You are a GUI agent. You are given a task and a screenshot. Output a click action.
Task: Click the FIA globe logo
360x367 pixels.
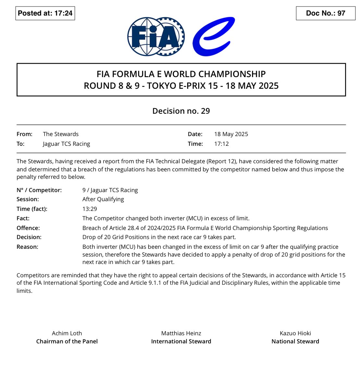(156, 37)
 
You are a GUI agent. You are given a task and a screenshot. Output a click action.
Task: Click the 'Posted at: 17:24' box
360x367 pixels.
(45, 13)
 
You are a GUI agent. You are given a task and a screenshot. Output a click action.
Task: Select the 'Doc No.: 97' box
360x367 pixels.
(326, 13)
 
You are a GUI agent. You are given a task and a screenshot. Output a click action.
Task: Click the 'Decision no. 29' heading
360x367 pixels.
(181, 111)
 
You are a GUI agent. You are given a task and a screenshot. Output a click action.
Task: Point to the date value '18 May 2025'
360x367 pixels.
(231, 134)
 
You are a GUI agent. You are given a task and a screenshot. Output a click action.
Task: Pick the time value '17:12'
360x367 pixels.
(222, 144)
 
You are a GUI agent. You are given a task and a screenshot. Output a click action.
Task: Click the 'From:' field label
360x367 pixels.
(24, 134)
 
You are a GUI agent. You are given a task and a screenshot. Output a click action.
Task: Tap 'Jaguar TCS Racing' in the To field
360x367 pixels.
(66, 144)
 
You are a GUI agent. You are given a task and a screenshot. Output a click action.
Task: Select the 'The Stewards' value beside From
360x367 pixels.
(61, 134)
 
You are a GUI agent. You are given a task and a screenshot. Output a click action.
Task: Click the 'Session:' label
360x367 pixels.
(28, 199)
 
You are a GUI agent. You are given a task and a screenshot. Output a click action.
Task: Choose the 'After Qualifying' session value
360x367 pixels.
(103, 199)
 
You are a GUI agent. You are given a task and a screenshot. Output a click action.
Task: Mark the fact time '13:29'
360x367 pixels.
(90, 209)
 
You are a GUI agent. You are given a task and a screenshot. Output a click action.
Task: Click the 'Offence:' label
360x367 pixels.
(28, 228)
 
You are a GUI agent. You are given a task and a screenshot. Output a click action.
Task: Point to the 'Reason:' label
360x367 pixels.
(27, 247)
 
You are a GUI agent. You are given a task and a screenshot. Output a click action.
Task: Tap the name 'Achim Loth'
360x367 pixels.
(67, 333)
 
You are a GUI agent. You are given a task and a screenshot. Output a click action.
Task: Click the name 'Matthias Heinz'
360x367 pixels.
(181, 333)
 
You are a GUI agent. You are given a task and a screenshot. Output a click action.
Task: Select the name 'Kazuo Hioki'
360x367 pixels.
(295, 333)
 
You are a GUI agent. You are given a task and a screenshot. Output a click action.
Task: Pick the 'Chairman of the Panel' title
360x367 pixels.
(67, 341)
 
